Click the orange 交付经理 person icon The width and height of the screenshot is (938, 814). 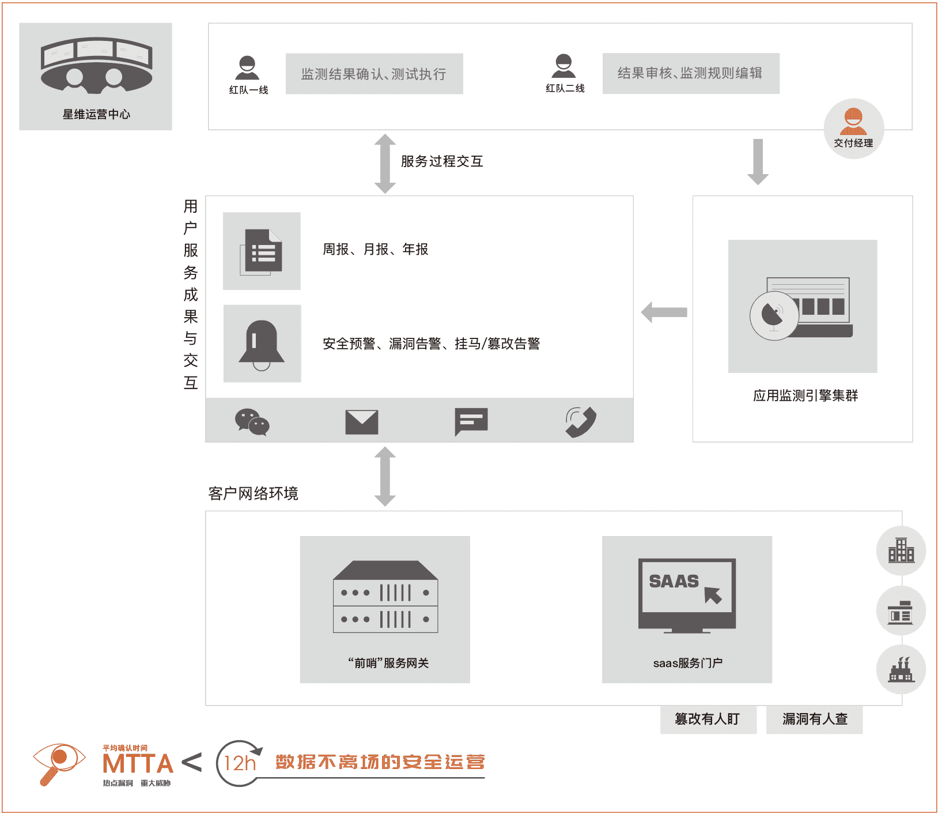[853, 121]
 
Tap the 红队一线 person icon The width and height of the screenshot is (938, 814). [248, 68]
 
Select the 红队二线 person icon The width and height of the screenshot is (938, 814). [563, 66]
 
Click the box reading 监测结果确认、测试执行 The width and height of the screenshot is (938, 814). [375, 74]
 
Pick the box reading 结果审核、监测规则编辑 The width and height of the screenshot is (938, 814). [691, 73]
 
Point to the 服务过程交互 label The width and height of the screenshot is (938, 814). [442, 161]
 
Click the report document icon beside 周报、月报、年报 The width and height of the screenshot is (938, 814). [262, 251]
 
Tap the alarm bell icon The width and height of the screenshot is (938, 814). [262, 345]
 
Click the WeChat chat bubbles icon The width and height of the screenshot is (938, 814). [252, 423]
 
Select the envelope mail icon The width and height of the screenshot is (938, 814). [362, 423]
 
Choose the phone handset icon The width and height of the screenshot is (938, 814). [581, 423]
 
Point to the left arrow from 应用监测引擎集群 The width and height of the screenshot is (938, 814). [664, 312]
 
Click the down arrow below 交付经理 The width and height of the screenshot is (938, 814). [758, 162]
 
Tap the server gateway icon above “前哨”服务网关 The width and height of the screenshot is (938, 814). [385, 597]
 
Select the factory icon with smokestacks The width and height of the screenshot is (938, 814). [901, 670]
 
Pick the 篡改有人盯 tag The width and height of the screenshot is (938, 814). [708, 719]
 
